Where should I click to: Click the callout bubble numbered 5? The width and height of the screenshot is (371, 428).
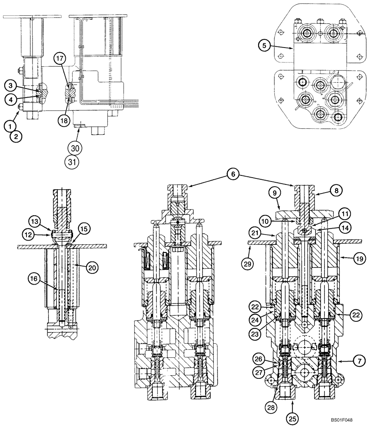coord(265,44)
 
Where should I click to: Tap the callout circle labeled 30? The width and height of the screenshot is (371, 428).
coord(74,148)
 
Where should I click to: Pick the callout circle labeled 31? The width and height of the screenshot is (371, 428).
coord(74,162)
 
